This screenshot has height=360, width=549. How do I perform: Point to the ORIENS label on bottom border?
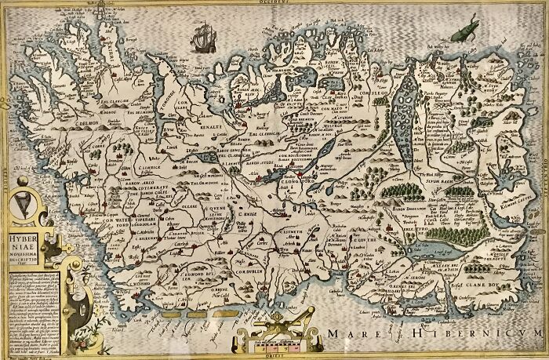(x=274, y=355)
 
